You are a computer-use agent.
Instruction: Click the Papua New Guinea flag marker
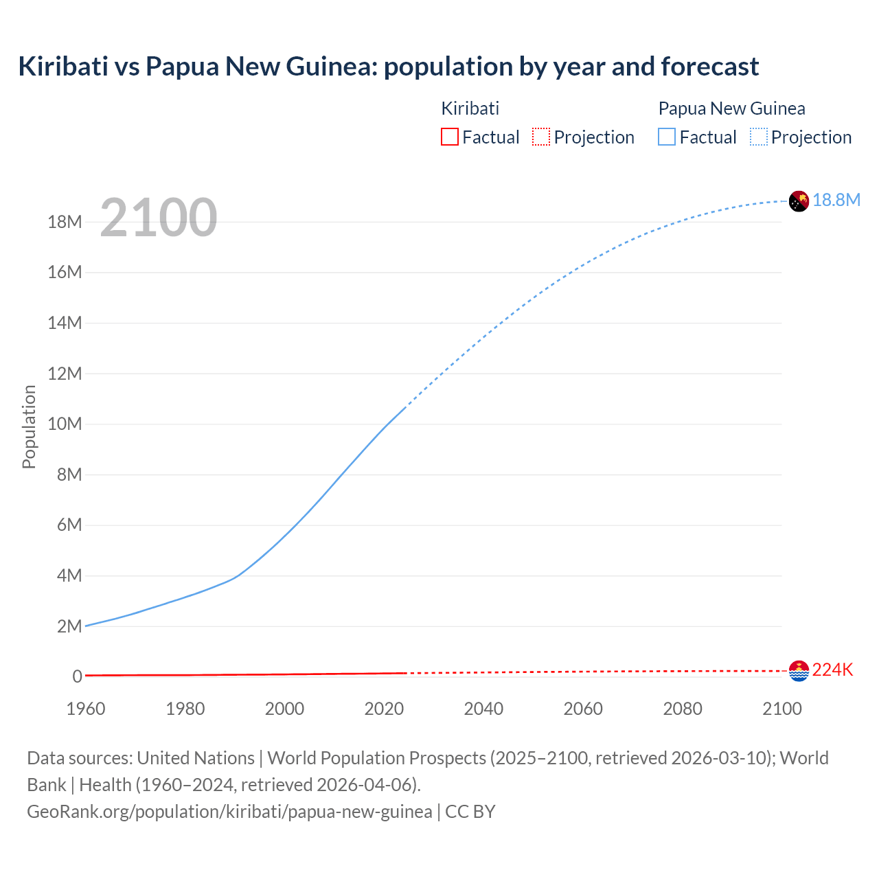(x=799, y=201)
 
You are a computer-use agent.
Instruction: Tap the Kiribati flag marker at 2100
(x=799, y=671)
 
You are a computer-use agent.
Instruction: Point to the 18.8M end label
(x=836, y=200)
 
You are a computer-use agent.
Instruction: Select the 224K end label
(x=832, y=670)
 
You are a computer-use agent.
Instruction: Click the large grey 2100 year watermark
(x=159, y=218)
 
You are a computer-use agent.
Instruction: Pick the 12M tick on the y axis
(x=65, y=374)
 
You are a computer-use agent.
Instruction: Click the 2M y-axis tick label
(x=69, y=626)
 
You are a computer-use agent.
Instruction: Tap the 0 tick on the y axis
(x=77, y=676)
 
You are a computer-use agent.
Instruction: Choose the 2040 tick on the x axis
(x=483, y=709)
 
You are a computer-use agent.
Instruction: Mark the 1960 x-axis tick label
(x=86, y=709)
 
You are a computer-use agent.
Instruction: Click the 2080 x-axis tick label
(x=683, y=709)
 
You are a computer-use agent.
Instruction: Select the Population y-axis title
(x=29, y=426)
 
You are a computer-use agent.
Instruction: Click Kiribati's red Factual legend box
(x=450, y=137)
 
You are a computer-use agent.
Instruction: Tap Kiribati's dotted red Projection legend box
(x=541, y=137)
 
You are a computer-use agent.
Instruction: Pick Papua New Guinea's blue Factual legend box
(x=667, y=137)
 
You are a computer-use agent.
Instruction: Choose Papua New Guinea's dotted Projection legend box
(x=759, y=137)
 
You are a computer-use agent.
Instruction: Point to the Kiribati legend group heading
(x=470, y=109)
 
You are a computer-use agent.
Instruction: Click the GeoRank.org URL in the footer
(x=229, y=812)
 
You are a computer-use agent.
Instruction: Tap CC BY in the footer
(x=470, y=812)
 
